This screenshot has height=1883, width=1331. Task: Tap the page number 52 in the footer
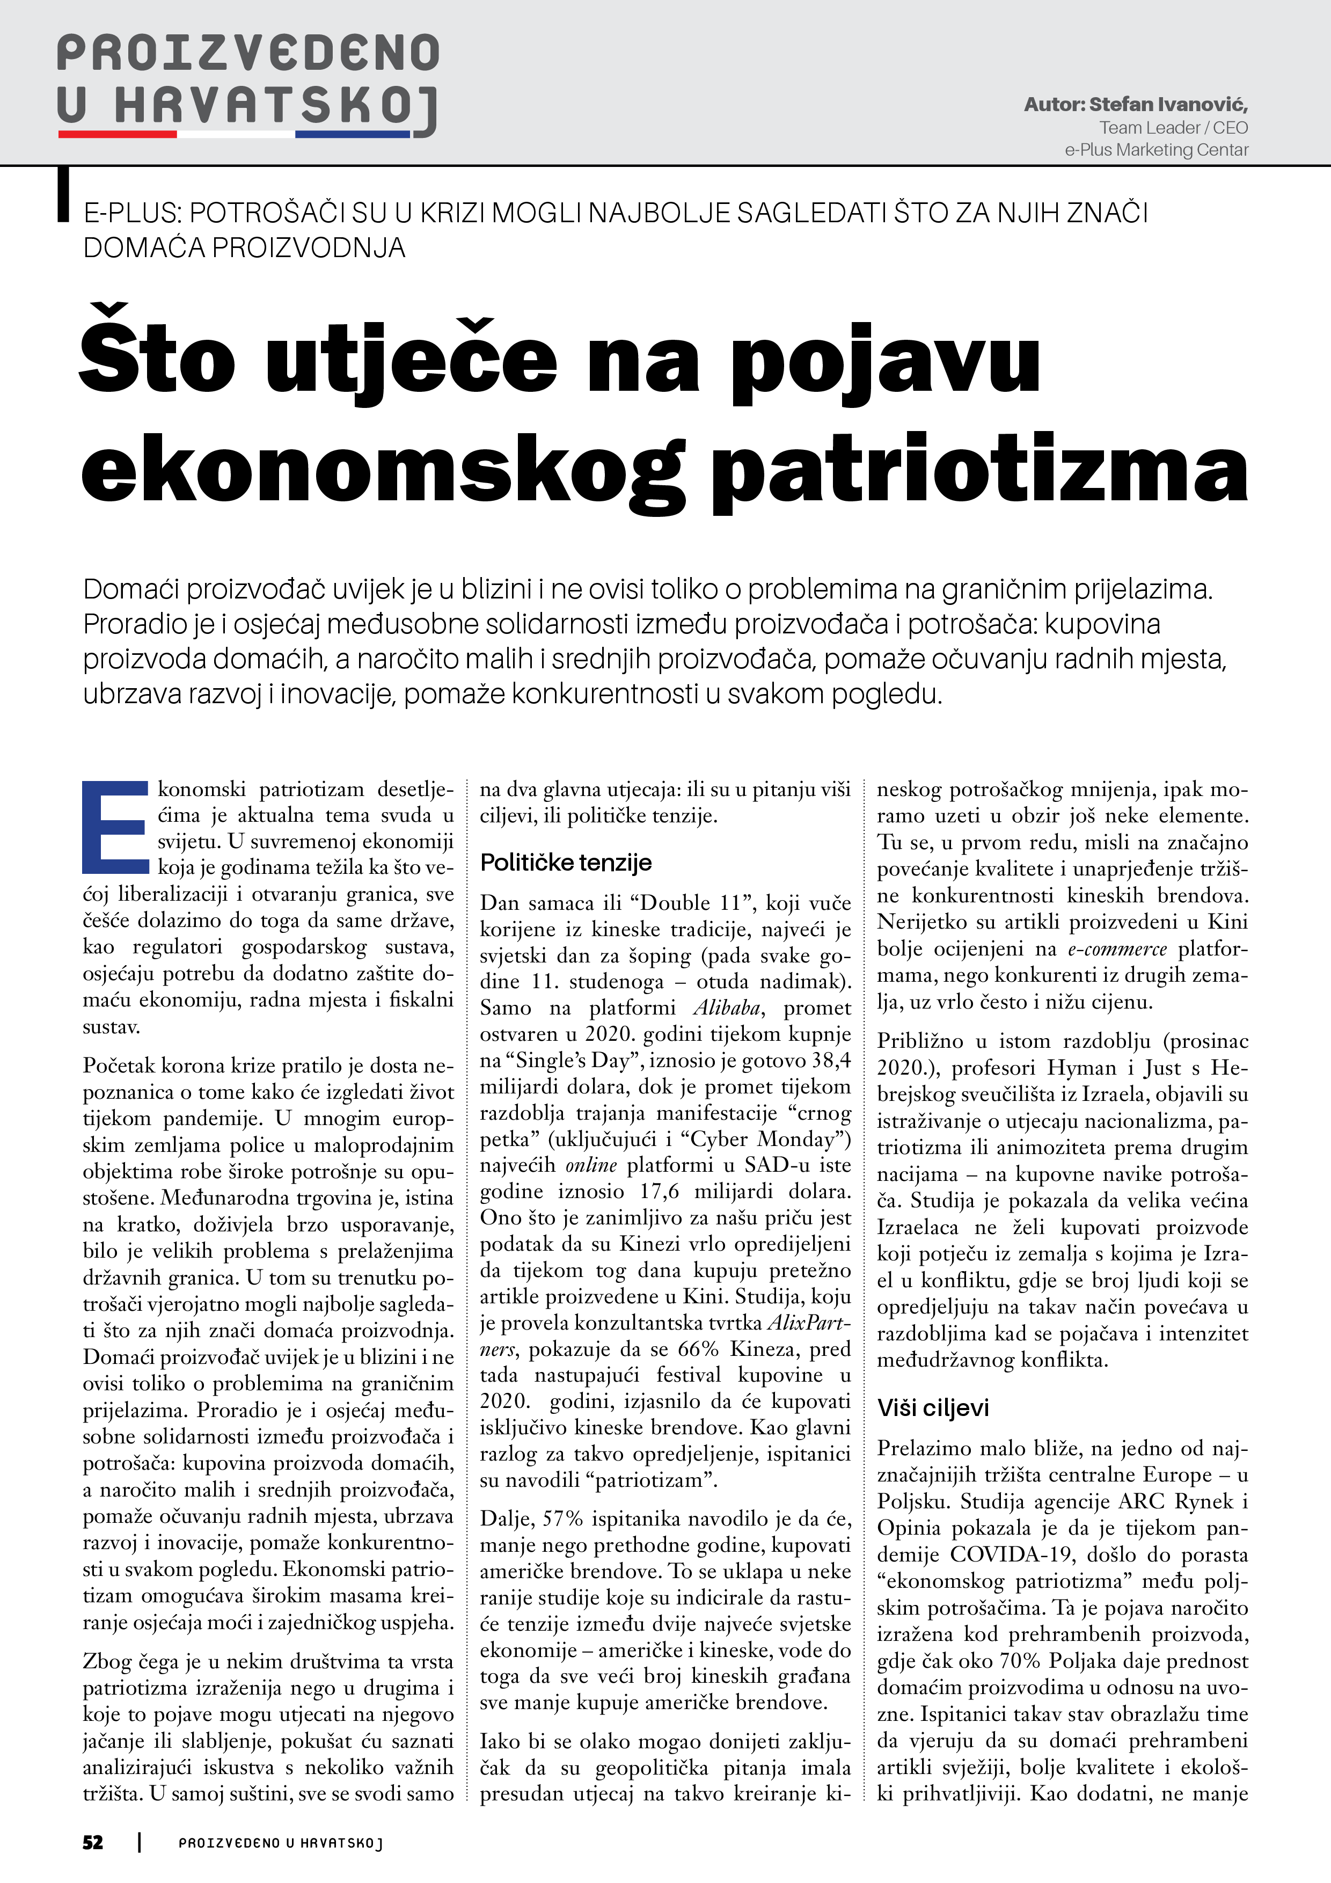click(x=93, y=1843)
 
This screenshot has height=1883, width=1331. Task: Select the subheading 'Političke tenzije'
click(x=566, y=863)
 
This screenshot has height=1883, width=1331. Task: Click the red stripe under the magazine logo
click(x=118, y=134)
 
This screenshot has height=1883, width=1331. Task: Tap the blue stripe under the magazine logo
click(x=352, y=134)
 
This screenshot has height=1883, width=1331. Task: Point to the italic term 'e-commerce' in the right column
click(x=1117, y=950)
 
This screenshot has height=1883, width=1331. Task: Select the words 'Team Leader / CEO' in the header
click(x=1174, y=128)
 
